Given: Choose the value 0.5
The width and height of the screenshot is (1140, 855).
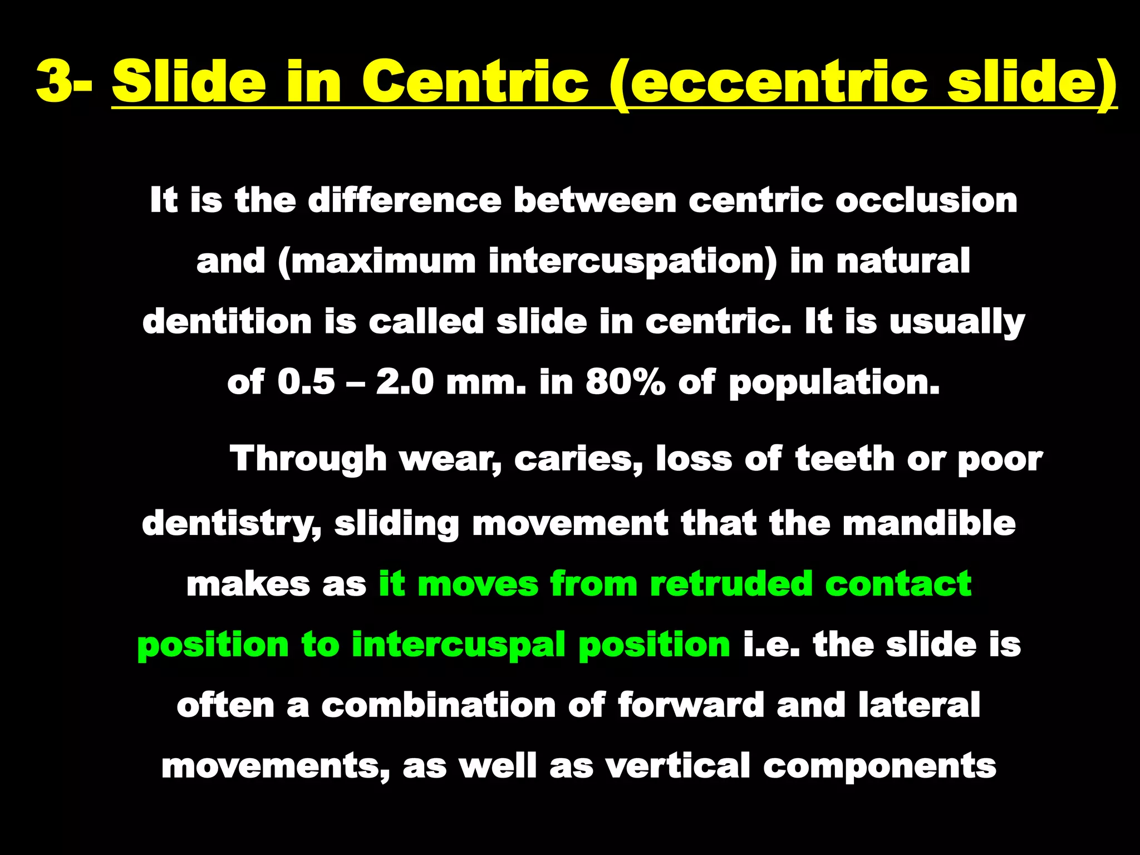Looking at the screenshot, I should click(306, 382).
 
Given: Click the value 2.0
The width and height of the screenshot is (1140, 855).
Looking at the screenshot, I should click(405, 382).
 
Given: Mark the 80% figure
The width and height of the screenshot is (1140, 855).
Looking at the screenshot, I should click(625, 382).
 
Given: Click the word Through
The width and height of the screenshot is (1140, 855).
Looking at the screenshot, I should click(308, 459).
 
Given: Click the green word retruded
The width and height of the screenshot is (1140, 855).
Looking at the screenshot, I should click(731, 584).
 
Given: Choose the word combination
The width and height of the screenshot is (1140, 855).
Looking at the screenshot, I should click(438, 705).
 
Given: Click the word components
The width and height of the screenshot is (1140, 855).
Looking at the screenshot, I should click(879, 767).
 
